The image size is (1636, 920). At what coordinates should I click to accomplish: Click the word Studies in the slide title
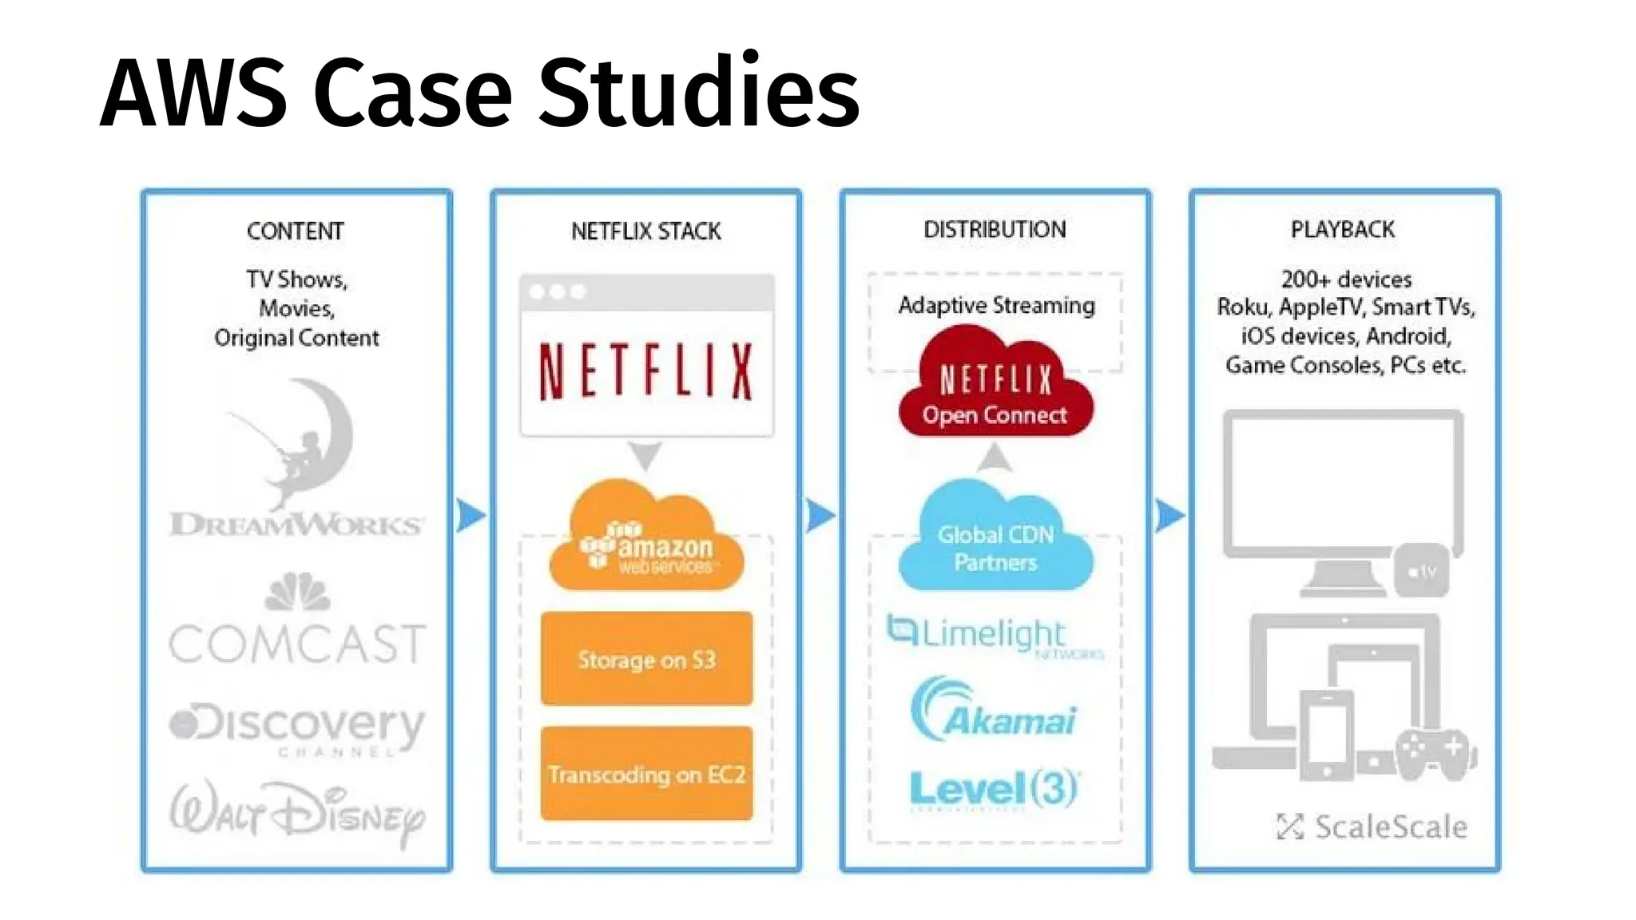coord(699,93)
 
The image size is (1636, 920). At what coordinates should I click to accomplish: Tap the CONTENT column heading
coord(296,231)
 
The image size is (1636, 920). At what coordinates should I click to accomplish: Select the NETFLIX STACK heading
coord(645,231)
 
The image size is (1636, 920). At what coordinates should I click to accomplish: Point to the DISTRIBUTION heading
coord(995,229)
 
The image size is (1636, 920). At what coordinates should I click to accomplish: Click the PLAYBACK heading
coord(1343,229)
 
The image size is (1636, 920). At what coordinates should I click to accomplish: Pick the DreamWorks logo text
coord(296,524)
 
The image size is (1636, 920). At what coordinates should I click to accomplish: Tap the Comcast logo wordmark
coord(296,644)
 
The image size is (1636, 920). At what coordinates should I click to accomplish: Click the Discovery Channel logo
coord(296,727)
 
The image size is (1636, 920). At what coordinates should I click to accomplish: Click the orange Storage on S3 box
coord(646,659)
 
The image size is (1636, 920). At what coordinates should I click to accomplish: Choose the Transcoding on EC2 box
coord(646,774)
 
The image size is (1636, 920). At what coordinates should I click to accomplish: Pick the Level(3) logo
coord(994,789)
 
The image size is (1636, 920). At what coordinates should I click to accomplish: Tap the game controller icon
coord(1434,752)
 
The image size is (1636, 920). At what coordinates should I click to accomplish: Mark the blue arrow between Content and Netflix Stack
coord(471,515)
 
